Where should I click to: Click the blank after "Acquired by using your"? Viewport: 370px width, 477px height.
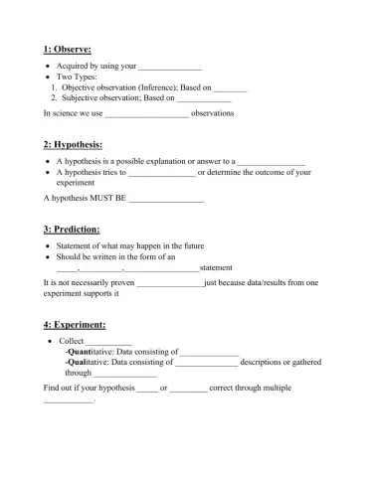click(x=169, y=67)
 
